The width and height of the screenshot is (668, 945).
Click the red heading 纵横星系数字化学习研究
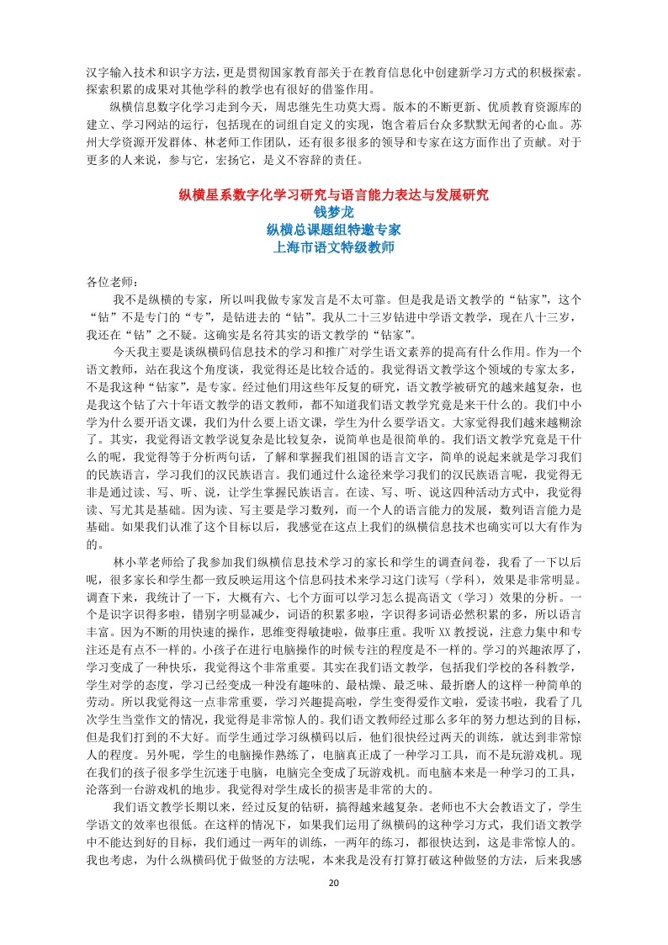[334, 195]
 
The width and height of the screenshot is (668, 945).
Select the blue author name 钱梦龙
[334, 212]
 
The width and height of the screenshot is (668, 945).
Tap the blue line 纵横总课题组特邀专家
[334, 229]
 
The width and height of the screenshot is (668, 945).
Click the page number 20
[334, 883]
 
